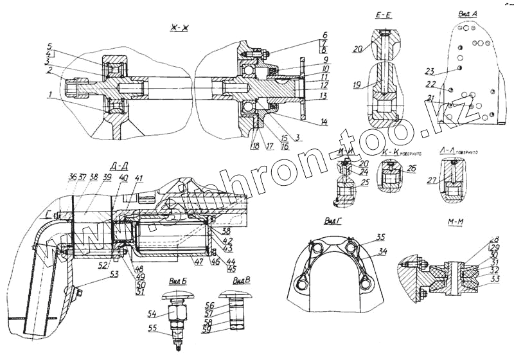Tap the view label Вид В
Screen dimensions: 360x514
[241, 281]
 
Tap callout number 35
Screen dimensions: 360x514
[380, 236]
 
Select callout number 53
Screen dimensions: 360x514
[114, 274]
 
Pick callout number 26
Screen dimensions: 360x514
[412, 169]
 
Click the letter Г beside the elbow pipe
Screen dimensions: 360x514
[47, 217]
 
